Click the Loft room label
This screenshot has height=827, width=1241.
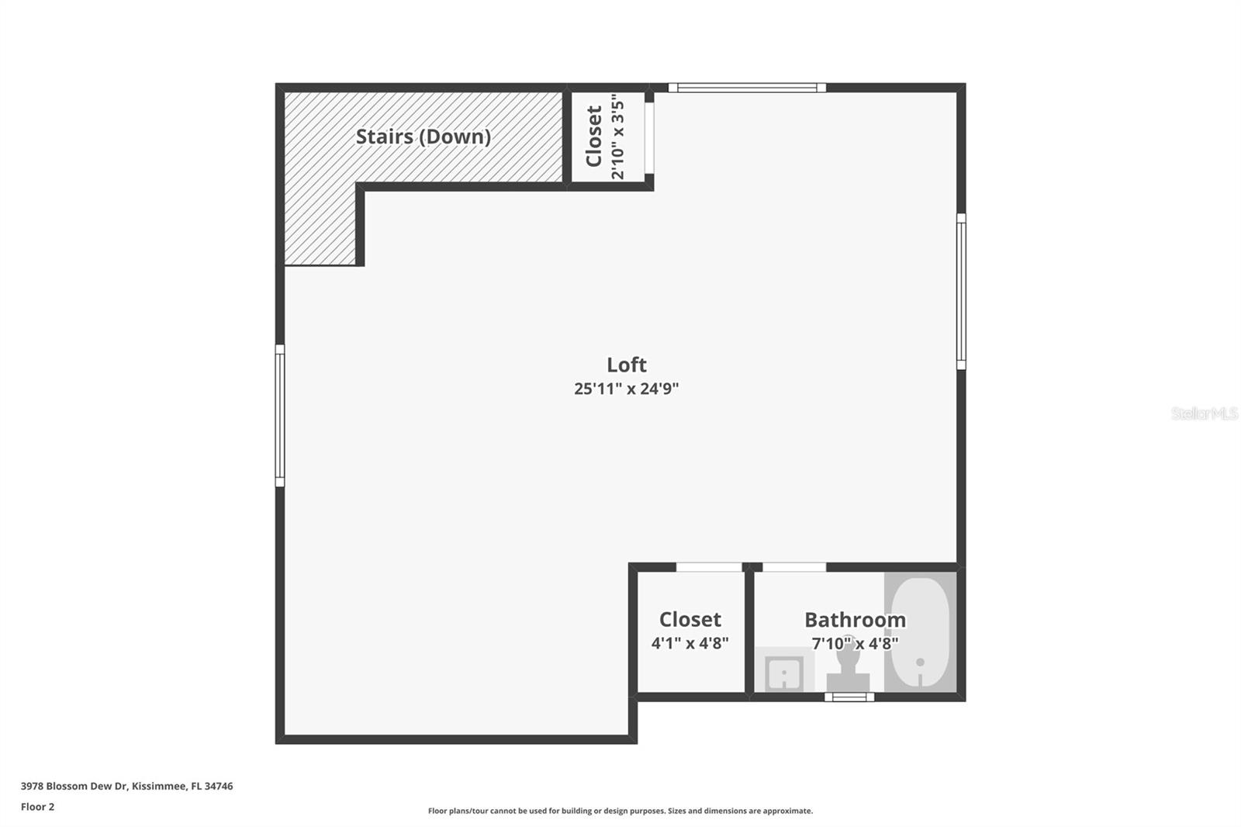(x=626, y=365)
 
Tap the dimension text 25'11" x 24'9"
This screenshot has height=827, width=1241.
(x=626, y=389)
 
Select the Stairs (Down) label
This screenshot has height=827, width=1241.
(x=423, y=137)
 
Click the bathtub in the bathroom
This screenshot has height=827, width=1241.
(x=920, y=632)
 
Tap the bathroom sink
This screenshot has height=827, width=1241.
(x=783, y=672)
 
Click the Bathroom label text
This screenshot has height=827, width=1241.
(x=855, y=620)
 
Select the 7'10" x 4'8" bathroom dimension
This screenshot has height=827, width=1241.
(x=855, y=643)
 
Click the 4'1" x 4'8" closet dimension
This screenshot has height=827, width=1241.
(x=690, y=643)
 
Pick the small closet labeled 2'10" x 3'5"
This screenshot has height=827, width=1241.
(x=606, y=137)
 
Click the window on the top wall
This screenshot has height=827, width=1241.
(x=746, y=88)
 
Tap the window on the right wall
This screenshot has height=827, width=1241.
(x=961, y=291)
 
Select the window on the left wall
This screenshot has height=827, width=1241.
(x=280, y=416)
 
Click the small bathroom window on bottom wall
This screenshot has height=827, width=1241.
(x=849, y=697)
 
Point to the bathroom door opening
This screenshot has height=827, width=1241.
(x=794, y=567)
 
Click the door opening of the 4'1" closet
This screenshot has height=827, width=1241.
(x=709, y=567)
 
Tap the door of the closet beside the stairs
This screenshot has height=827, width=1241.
(x=649, y=137)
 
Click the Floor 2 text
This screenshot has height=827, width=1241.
(x=37, y=807)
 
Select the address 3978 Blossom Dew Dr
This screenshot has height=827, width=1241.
(x=126, y=786)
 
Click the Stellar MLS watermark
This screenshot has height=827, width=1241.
(x=1204, y=413)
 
